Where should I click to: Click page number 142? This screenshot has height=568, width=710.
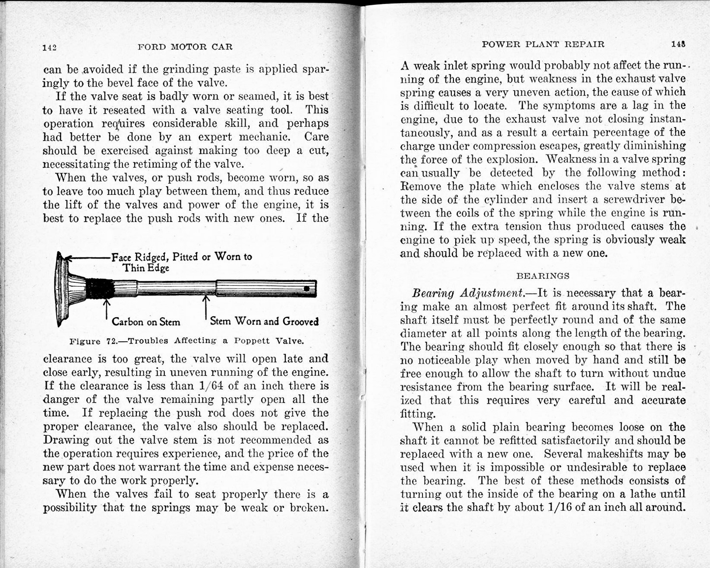tap(49, 47)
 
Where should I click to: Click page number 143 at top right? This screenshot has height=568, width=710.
tap(678, 44)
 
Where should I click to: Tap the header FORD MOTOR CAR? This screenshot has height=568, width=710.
tap(185, 47)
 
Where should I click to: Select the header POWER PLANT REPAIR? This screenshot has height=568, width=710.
tap(543, 44)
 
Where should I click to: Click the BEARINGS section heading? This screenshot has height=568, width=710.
tap(543, 276)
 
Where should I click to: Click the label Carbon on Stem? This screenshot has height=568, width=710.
tap(146, 322)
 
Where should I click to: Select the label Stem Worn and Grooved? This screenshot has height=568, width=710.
tap(264, 321)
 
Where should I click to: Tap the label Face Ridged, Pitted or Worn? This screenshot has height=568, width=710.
tap(181, 257)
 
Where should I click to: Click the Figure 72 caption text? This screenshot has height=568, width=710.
tap(187, 341)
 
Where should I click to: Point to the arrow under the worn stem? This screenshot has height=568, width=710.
tap(205, 306)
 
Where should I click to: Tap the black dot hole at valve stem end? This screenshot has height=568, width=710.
tap(307, 288)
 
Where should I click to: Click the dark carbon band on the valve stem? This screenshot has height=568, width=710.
tap(99, 288)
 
